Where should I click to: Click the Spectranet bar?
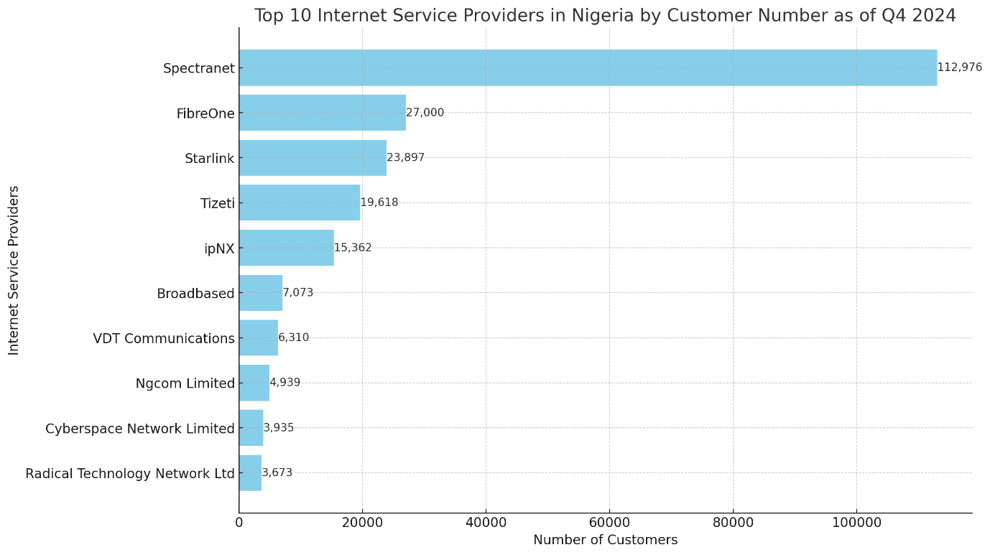[588, 67]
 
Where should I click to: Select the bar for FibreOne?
[323, 113]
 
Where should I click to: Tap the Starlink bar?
[313, 158]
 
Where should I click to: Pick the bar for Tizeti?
[300, 202]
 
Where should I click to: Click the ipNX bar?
[287, 248]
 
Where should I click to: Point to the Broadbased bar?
[261, 293]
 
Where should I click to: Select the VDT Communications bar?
[259, 337]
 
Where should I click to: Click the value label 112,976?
[959, 67]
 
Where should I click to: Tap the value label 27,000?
[425, 113]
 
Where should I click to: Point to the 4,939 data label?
[284, 383]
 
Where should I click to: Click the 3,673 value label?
[277, 472]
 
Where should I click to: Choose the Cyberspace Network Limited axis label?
[140, 429]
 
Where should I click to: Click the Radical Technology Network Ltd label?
[130, 474]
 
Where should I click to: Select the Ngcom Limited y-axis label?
[185, 383]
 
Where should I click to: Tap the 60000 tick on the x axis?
[609, 522]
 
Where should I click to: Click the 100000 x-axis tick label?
[856, 522]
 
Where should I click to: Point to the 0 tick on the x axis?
[239, 522]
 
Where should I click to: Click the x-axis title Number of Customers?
[605, 540]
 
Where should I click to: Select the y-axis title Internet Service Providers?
[14, 270]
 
